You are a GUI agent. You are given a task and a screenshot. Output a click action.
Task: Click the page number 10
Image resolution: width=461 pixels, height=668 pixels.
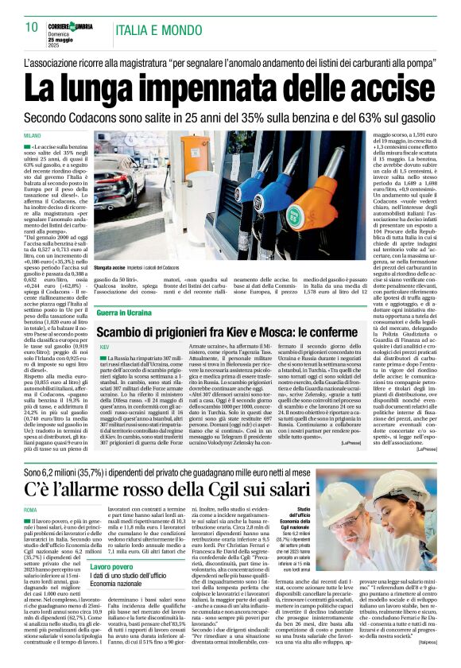click(33, 26)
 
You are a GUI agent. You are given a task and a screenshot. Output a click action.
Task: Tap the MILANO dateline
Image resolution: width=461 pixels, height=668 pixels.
click(33, 137)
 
